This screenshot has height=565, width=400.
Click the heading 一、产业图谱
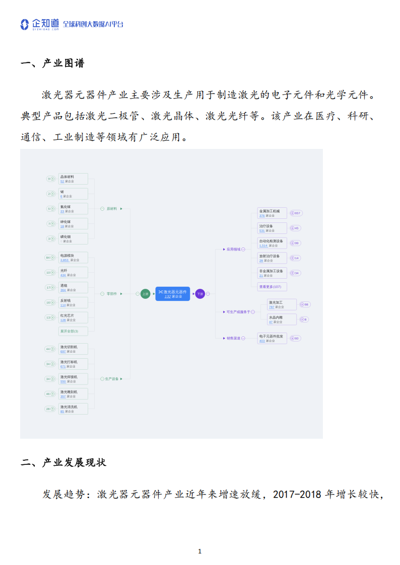point(53,63)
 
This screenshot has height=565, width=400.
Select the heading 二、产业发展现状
point(63,462)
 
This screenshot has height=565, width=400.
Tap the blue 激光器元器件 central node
point(173,294)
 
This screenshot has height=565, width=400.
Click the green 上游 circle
point(145,294)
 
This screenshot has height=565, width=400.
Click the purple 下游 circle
point(200,294)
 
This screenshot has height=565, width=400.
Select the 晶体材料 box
point(73,179)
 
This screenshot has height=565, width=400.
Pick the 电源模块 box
point(73,258)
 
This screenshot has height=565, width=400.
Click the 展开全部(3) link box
point(73,331)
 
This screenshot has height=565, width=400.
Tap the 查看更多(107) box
point(272,287)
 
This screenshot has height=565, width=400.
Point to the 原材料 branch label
point(112,208)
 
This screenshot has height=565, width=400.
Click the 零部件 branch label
point(112,294)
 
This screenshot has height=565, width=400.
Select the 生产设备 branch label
point(112,379)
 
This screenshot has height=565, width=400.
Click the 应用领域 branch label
point(234,249)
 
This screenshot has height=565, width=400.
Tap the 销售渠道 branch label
point(234,339)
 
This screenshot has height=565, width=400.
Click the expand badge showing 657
point(295,213)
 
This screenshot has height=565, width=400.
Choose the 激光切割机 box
point(73,349)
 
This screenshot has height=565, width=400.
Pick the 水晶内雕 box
point(282,319)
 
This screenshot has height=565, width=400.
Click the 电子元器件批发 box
point(272,338)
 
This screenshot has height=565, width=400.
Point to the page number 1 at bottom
point(200,551)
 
